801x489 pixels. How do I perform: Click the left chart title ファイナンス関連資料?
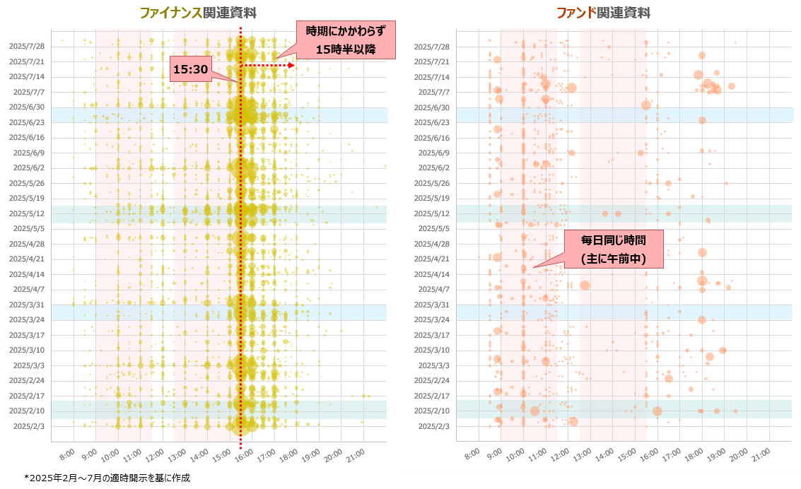[x=198, y=13]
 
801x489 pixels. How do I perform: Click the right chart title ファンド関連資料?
[x=603, y=13]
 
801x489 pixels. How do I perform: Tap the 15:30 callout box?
[x=190, y=69]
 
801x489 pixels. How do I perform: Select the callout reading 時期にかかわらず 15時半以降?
[x=345, y=40]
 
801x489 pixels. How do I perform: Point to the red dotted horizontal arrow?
[x=268, y=66]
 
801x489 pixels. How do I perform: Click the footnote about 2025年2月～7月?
[x=107, y=478]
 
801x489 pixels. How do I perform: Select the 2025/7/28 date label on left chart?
[x=27, y=47]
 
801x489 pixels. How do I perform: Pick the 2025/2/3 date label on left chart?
[x=27, y=426]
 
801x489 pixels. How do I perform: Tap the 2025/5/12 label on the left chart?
[x=27, y=213]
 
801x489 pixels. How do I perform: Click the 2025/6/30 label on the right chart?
[x=432, y=107]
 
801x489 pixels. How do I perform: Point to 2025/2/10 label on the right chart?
[x=432, y=411]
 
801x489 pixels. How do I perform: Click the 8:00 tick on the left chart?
[x=66, y=453]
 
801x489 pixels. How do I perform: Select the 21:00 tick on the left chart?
[x=356, y=453]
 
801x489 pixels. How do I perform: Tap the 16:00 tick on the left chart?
[x=245, y=453]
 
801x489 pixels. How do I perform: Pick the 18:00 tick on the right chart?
[x=694, y=453]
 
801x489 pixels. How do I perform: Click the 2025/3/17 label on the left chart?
[x=27, y=335]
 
